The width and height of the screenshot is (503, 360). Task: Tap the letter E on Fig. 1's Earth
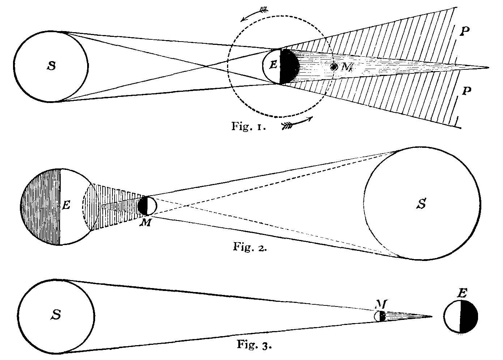tap(273, 65)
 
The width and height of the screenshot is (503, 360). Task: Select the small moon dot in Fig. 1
tap(334, 67)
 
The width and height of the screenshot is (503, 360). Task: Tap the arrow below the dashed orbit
tap(297, 123)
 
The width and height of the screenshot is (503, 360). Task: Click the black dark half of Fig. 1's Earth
tap(289, 66)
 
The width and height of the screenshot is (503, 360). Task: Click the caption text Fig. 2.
tap(249, 248)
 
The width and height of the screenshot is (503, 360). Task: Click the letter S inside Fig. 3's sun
tap(56, 314)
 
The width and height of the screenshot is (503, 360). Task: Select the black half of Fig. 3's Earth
tap(469, 317)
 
